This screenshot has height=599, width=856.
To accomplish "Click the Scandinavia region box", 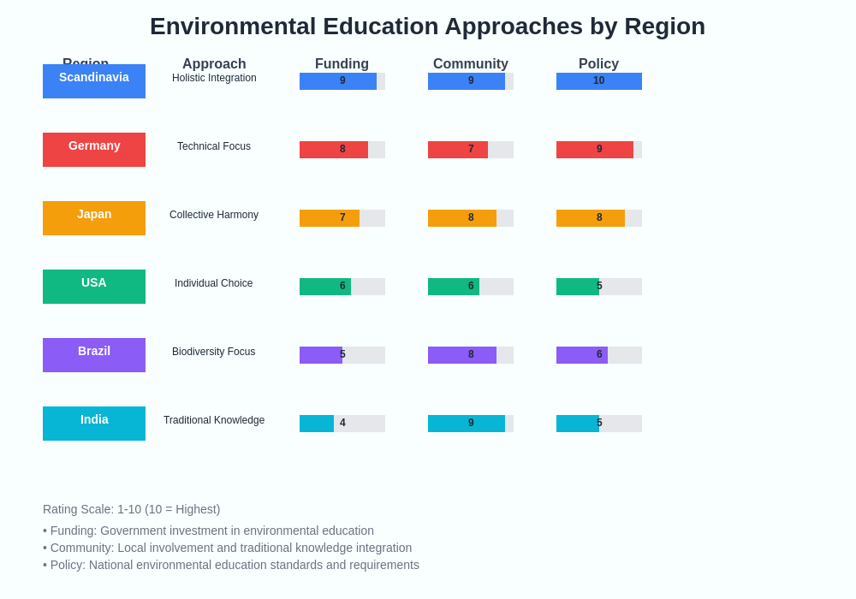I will [94, 81].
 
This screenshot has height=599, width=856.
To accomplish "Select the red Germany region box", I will [94, 150].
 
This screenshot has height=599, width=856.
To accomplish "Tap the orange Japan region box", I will [94, 218].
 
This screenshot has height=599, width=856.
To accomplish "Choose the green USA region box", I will [94, 287].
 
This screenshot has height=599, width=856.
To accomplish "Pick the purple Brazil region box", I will [94, 355].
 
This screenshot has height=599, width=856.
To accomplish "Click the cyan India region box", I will [94, 424].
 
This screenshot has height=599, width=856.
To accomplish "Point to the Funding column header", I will [342, 63].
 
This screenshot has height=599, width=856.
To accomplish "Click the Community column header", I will [470, 63].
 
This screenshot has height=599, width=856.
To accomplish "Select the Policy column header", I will [598, 63].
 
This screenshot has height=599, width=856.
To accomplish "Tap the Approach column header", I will [214, 63].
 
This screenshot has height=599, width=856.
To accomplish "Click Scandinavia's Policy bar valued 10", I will [599, 81].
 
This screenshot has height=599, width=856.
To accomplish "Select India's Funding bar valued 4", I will [318, 424].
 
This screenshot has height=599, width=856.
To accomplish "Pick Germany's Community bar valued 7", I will [458, 150].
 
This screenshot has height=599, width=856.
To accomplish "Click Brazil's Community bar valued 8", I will [462, 355].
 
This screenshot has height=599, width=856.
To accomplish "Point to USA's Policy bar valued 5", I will [578, 287].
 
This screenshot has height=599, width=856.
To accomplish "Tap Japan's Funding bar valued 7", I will [330, 218].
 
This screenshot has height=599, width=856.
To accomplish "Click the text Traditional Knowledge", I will [214, 420].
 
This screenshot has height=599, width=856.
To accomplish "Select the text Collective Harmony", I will [214, 215].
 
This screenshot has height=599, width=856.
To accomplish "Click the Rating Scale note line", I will [131, 509].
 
